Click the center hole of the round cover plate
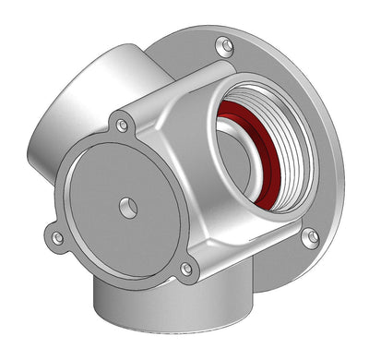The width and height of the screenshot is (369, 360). click(x=128, y=208)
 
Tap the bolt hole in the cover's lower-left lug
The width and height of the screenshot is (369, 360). click(x=57, y=238)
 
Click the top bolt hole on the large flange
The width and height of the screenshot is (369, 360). click(x=224, y=43)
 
